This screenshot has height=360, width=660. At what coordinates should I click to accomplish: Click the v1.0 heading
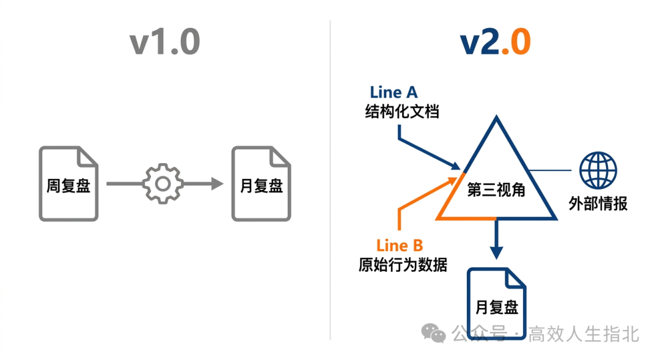165,43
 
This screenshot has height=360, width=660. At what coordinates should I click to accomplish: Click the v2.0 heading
495,43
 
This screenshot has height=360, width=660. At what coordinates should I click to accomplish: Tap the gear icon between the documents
163,183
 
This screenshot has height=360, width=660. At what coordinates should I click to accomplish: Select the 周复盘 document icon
68,183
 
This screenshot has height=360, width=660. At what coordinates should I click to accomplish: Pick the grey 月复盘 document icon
261,183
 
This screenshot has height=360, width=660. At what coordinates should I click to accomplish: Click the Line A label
394,92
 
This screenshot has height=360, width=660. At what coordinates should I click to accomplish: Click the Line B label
400,246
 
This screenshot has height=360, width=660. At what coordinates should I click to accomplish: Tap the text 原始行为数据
403,266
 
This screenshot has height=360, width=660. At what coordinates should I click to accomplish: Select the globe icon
598,171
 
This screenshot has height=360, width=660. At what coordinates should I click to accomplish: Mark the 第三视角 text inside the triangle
496,190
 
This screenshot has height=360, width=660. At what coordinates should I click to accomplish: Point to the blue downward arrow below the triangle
496,241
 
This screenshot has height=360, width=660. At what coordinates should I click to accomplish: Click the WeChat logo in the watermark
435,333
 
